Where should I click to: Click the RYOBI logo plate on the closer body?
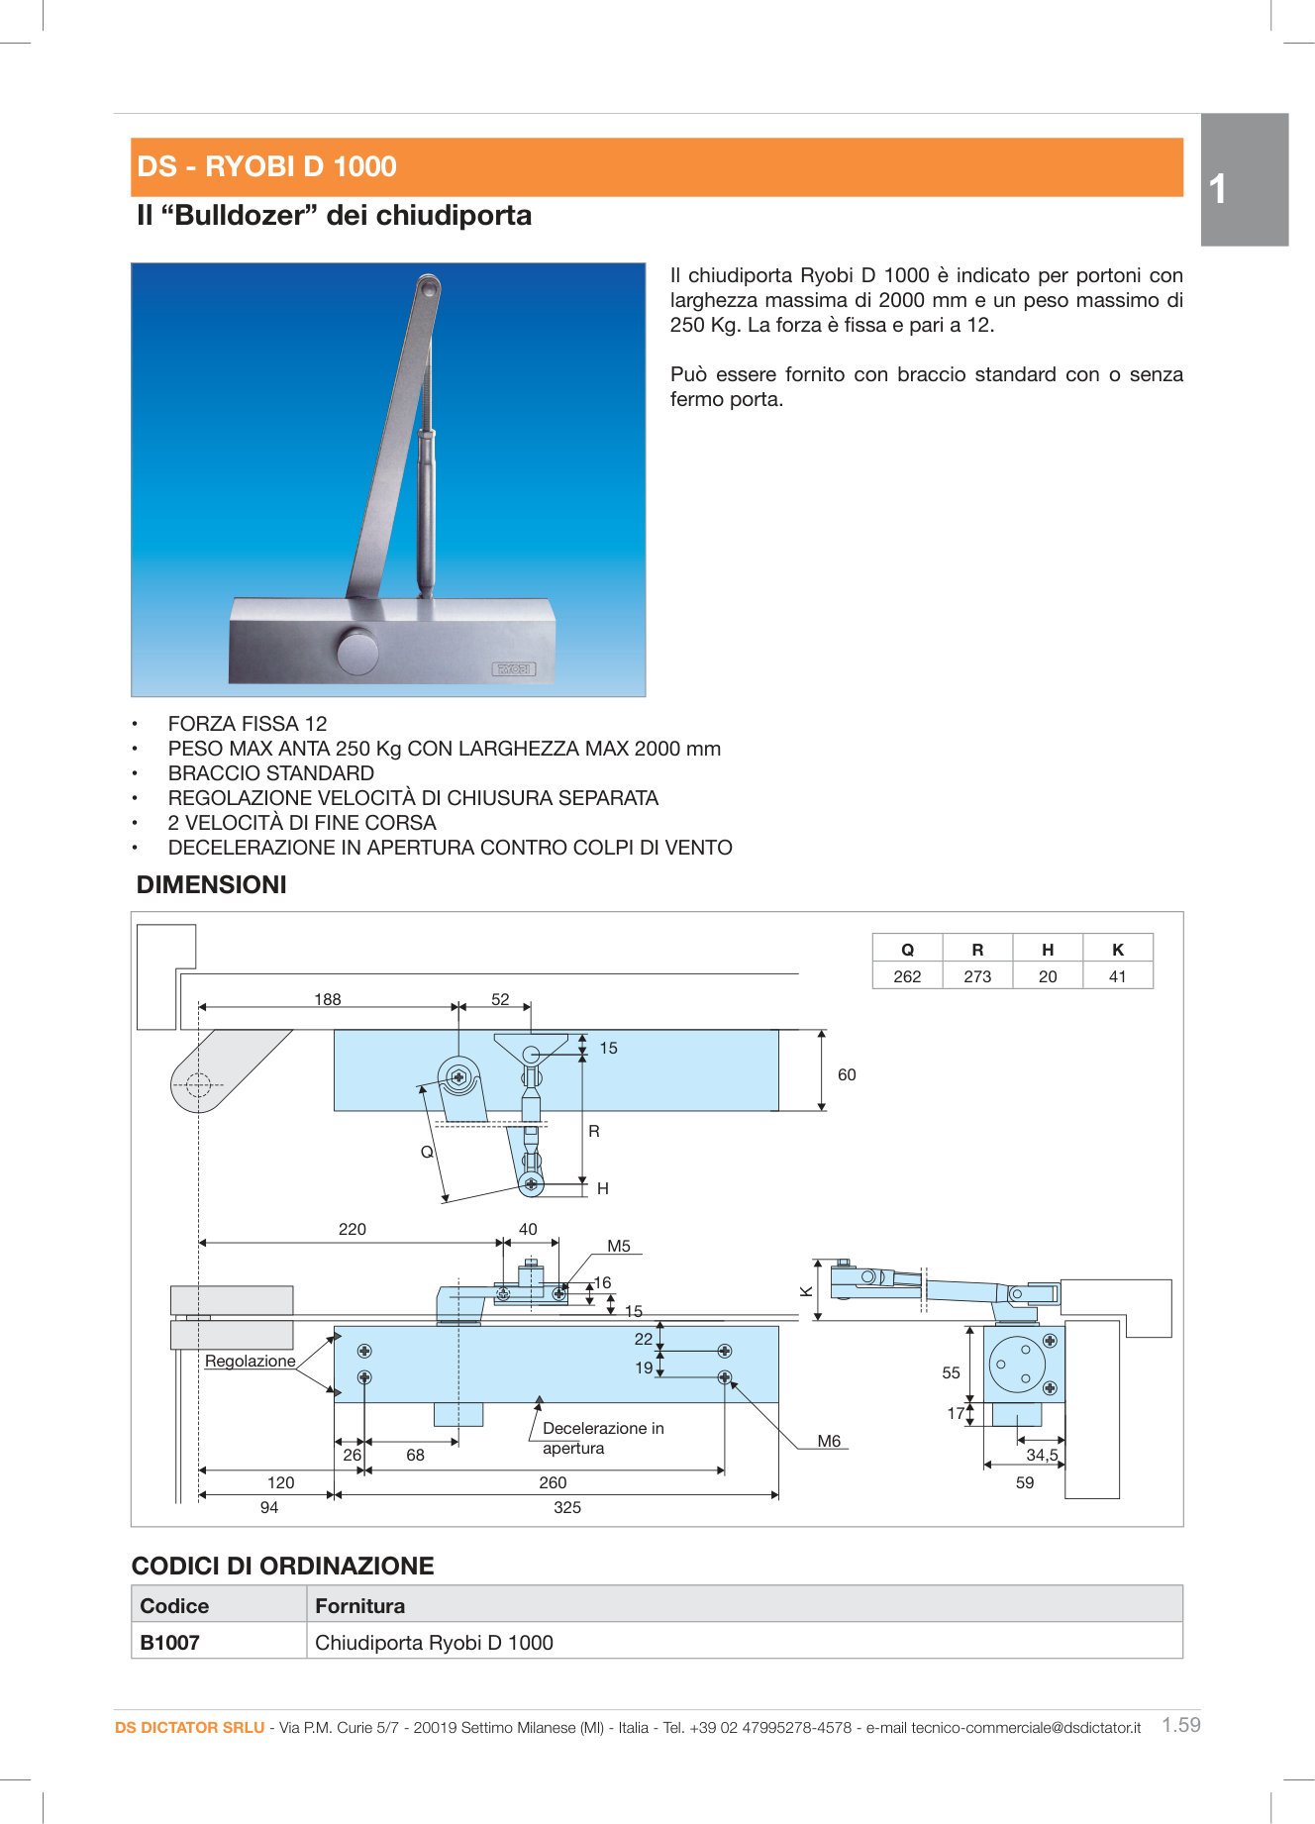point(514,668)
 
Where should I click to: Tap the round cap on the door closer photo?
point(357,652)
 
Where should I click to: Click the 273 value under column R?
point(977,976)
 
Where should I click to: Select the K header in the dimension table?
point(1118,950)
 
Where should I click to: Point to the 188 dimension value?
point(328,999)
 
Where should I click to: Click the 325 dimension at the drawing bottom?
point(567,1507)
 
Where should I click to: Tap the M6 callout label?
point(829,1441)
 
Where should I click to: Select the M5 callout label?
point(619,1246)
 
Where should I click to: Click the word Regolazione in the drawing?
point(251,1361)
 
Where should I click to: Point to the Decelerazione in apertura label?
point(602,1438)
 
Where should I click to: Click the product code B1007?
point(170,1643)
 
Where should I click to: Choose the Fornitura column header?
point(360,1606)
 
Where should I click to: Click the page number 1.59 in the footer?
point(1180,1725)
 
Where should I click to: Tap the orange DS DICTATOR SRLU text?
point(189,1728)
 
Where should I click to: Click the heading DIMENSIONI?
point(212,885)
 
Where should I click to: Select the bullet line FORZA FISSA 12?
point(248,724)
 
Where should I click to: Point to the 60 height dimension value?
point(847,1074)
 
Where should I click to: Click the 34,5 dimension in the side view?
point(1042,1455)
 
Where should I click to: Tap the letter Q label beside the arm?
point(427,1152)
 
